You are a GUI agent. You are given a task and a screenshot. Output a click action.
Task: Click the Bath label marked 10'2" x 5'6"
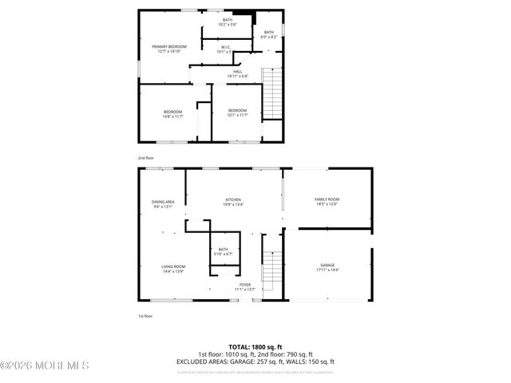(x=228, y=22)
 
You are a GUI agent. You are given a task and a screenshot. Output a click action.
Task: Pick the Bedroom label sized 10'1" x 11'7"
(x=237, y=113)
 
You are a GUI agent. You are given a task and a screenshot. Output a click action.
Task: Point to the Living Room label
(x=173, y=269)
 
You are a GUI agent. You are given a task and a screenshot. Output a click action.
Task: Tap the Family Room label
(x=327, y=201)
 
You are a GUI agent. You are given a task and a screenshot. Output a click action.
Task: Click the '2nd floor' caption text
(x=145, y=158)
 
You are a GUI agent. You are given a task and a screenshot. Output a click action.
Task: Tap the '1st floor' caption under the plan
(x=145, y=316)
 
